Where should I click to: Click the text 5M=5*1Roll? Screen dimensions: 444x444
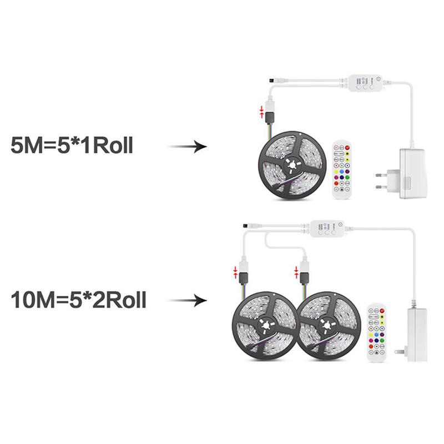[x=72, y=145]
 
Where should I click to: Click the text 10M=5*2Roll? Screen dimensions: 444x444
[x=78, y=300]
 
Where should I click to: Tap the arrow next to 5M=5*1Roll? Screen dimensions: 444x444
[x=187, y=147]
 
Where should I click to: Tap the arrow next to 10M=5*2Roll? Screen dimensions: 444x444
[x=187, y=300]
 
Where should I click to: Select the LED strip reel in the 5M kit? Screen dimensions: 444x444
[x=291, y=165]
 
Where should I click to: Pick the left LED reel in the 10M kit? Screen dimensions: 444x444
[x=265, y=326]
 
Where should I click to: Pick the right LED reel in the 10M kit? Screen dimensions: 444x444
[x=329, y=326]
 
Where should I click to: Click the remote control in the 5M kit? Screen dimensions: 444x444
[x=342, y=170]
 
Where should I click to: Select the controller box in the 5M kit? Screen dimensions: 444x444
[x=365, y=83]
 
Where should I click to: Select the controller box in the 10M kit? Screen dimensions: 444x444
[x=327, y=229]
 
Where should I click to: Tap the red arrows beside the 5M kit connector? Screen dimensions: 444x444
[x=262, y=112]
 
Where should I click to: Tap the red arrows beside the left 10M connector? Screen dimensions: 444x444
[x=235, y=272]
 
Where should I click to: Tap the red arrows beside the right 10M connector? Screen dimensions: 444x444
[x=296, y=272]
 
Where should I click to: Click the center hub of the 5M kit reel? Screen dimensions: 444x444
[x=292, y=165]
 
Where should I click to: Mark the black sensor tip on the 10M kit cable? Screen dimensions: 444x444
[x=245, y=226]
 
